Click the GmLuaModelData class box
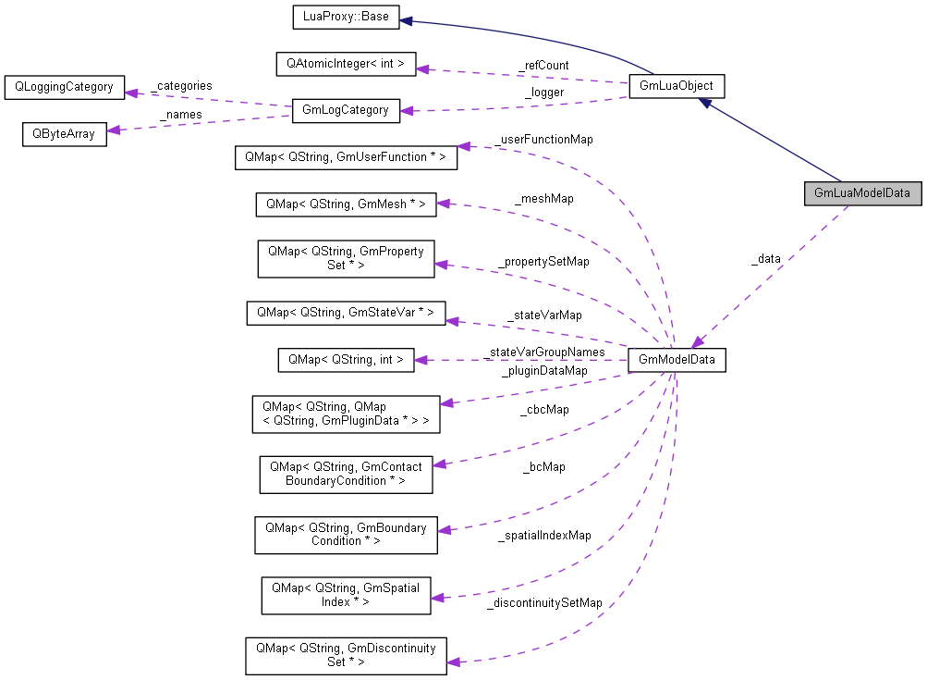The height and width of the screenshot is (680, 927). (862, 194)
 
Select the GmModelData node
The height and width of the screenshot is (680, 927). (677, 360)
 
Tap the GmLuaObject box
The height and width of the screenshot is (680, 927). (676, 86)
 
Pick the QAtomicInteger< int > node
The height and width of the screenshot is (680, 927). (347, 65)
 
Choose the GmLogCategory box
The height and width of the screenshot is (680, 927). (346, 110)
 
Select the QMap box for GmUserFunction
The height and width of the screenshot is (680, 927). (346, 157)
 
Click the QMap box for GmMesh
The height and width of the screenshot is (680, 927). (346, 204)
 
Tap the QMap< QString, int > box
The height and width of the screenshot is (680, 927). (346, 359)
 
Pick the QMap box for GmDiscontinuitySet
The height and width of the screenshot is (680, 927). (346, 655)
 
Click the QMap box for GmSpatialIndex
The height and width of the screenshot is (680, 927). (346, 594)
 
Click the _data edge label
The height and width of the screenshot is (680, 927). (765, 259)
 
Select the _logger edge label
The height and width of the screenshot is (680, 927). (543, 93)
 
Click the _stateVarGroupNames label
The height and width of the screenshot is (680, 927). (544, 352)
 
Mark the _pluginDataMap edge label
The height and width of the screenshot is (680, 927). (543, 371)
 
